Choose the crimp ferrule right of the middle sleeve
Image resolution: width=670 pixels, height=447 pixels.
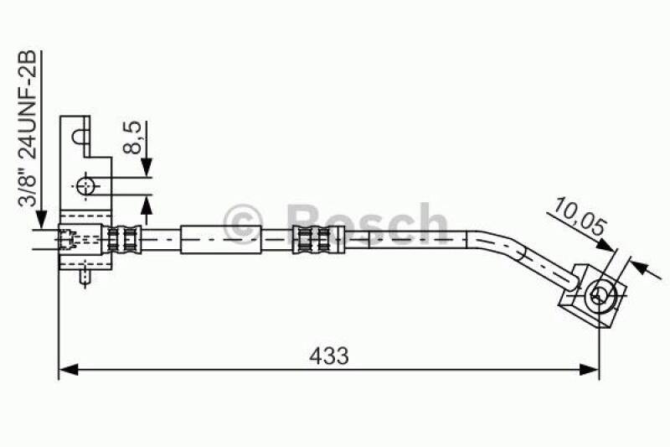pyautogui.click(x=308, y=240)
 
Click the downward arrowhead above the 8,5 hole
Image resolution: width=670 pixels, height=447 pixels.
pyautogui.click(x=147, y=170)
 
